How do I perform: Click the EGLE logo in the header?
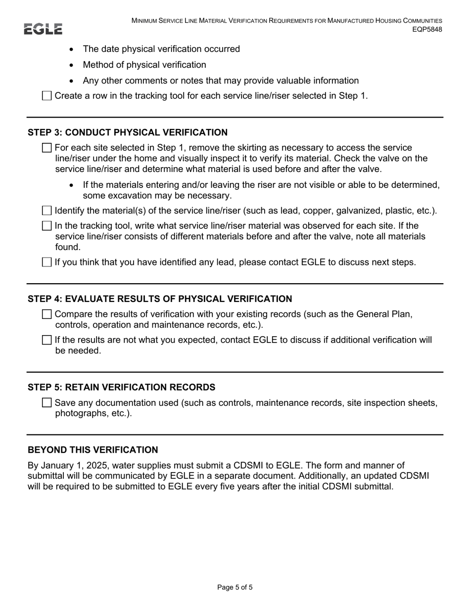click(43, 29)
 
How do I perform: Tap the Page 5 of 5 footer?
click(235, 587)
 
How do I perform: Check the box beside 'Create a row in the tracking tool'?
click(47, 96)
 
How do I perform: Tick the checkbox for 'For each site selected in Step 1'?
click(47, 148)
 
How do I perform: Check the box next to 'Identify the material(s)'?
click(47, 211)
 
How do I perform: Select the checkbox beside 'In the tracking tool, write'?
click(47, 226)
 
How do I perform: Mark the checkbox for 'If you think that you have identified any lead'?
click(47, 262)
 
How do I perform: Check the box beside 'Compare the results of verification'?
click(47, 314)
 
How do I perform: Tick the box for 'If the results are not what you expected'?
click(47, 340)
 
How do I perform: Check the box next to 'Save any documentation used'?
click(47, 403)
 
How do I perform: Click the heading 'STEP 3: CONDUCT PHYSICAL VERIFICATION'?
click(128, 132)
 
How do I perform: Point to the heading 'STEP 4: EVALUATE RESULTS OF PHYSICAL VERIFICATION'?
click(160, 299)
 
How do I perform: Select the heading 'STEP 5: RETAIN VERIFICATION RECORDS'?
click(121, 387)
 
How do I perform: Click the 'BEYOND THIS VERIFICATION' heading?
click(93, 450)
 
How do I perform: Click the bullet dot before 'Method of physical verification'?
click(72, 65)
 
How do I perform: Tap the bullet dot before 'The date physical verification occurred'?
click(72, 49)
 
